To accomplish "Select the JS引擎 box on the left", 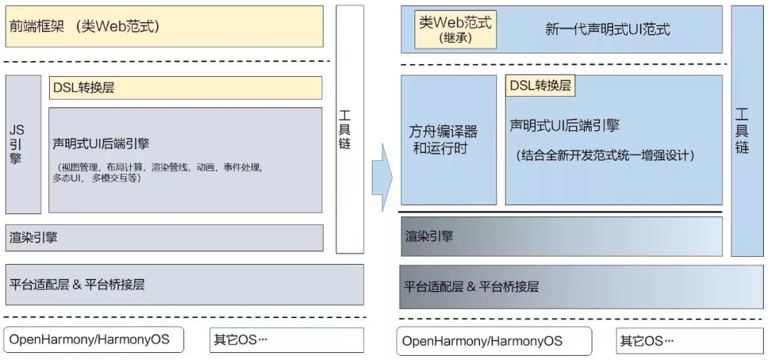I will tap(23, 144).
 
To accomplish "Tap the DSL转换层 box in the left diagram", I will tap(185, 88).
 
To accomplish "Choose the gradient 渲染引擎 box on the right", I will tap(561, 236).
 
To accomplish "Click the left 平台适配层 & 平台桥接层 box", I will tap(184, 285).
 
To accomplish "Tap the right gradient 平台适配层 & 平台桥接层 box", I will tap(561, 287).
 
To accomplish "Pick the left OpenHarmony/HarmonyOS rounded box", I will tap(93, 339).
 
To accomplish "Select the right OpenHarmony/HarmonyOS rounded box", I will tap(494, 341).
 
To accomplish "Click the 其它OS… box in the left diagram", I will tap(286, 339).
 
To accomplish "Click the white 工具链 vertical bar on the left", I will tap(345, 129).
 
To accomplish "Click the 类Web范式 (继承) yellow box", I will tap(455, 28).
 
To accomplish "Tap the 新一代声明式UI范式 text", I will tap(607, 29).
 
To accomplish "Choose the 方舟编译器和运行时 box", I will tap(448, 139).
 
